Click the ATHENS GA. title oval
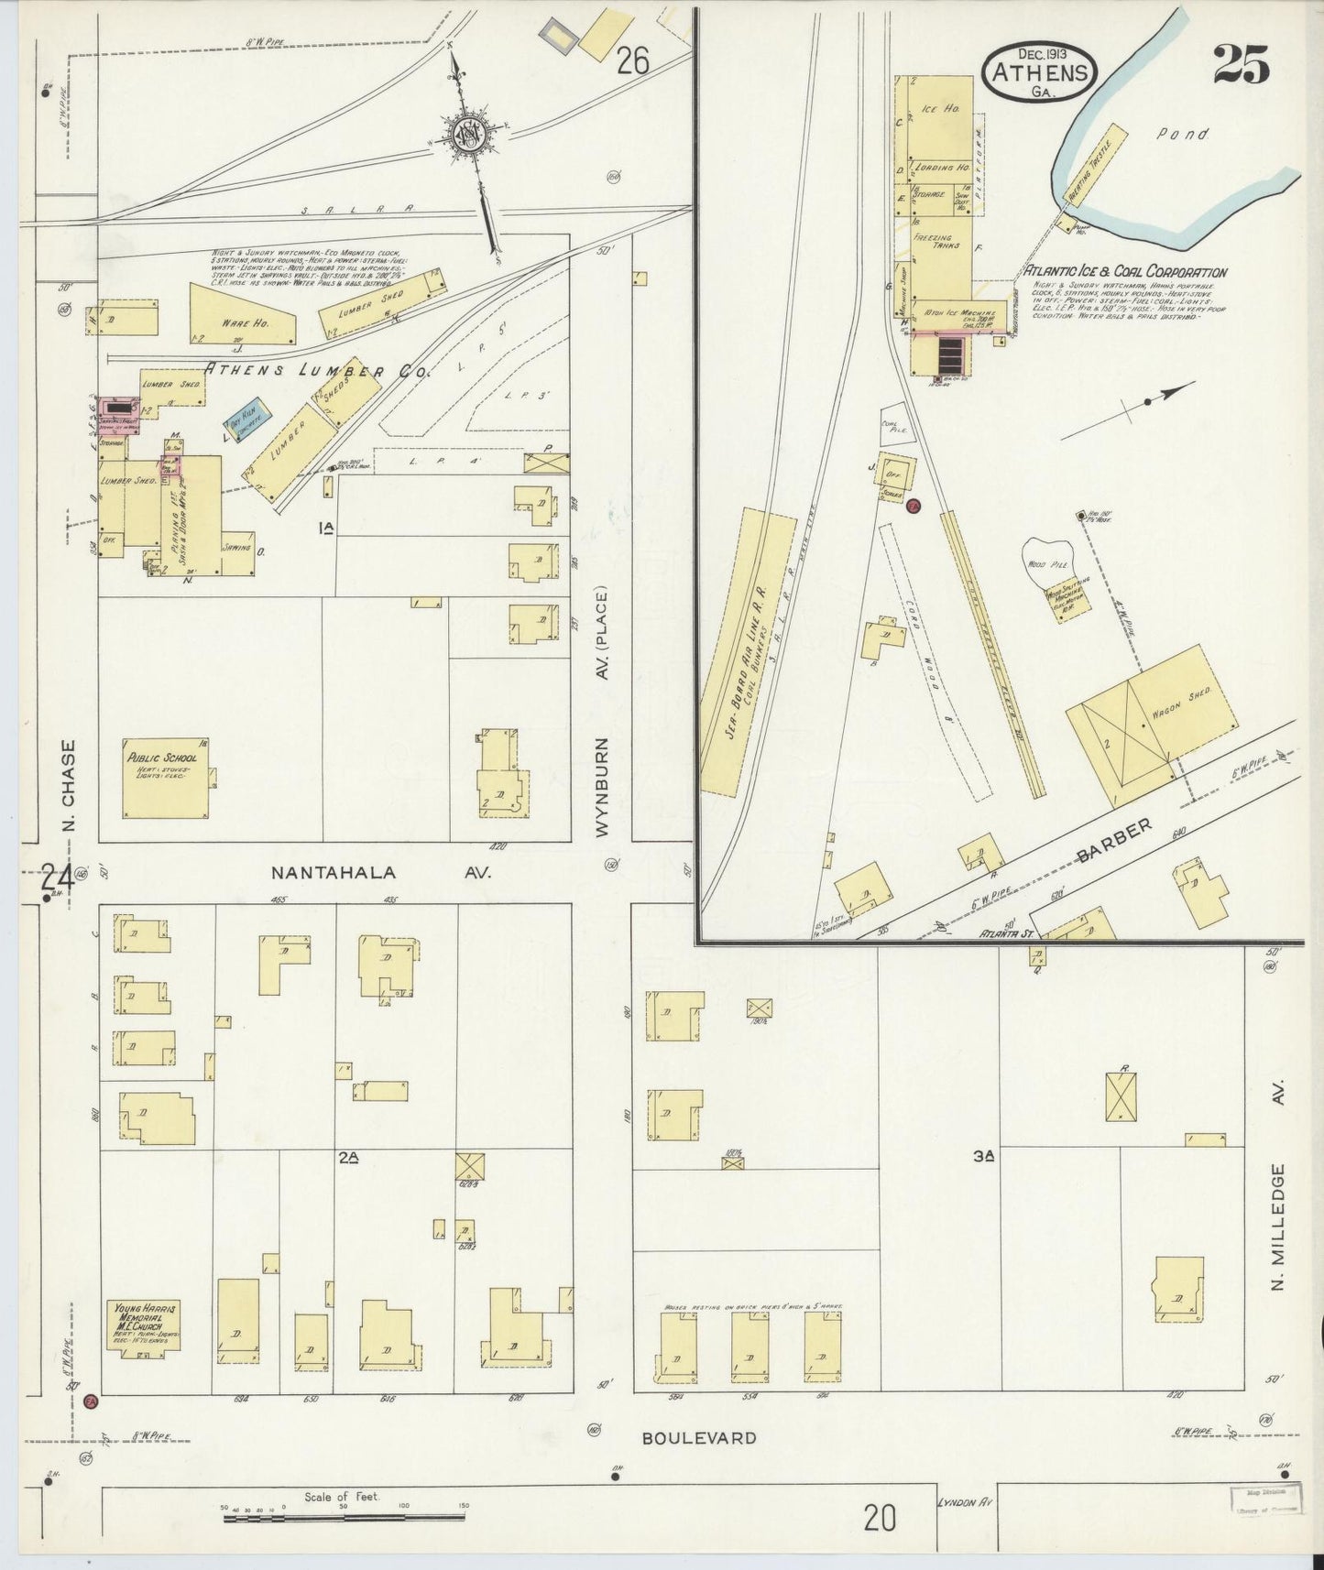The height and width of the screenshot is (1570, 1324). coord(1038,71)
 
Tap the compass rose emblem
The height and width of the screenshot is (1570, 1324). coord(467,135)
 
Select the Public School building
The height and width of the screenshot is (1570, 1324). coord(164,778)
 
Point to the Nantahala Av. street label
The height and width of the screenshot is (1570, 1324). coord(381,873)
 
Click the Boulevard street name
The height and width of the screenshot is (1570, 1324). coord(699,1437)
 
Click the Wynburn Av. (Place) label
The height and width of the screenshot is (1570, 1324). coord(601,714)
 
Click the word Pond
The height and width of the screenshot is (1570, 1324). coord(1182,134)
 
